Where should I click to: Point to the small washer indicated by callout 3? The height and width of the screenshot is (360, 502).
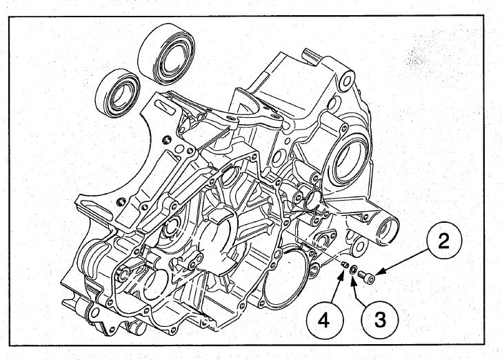pyautogui.click(x=353, y=271)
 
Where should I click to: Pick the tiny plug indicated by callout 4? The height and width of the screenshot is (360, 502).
pyautogui.click(x=343, y=265)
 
